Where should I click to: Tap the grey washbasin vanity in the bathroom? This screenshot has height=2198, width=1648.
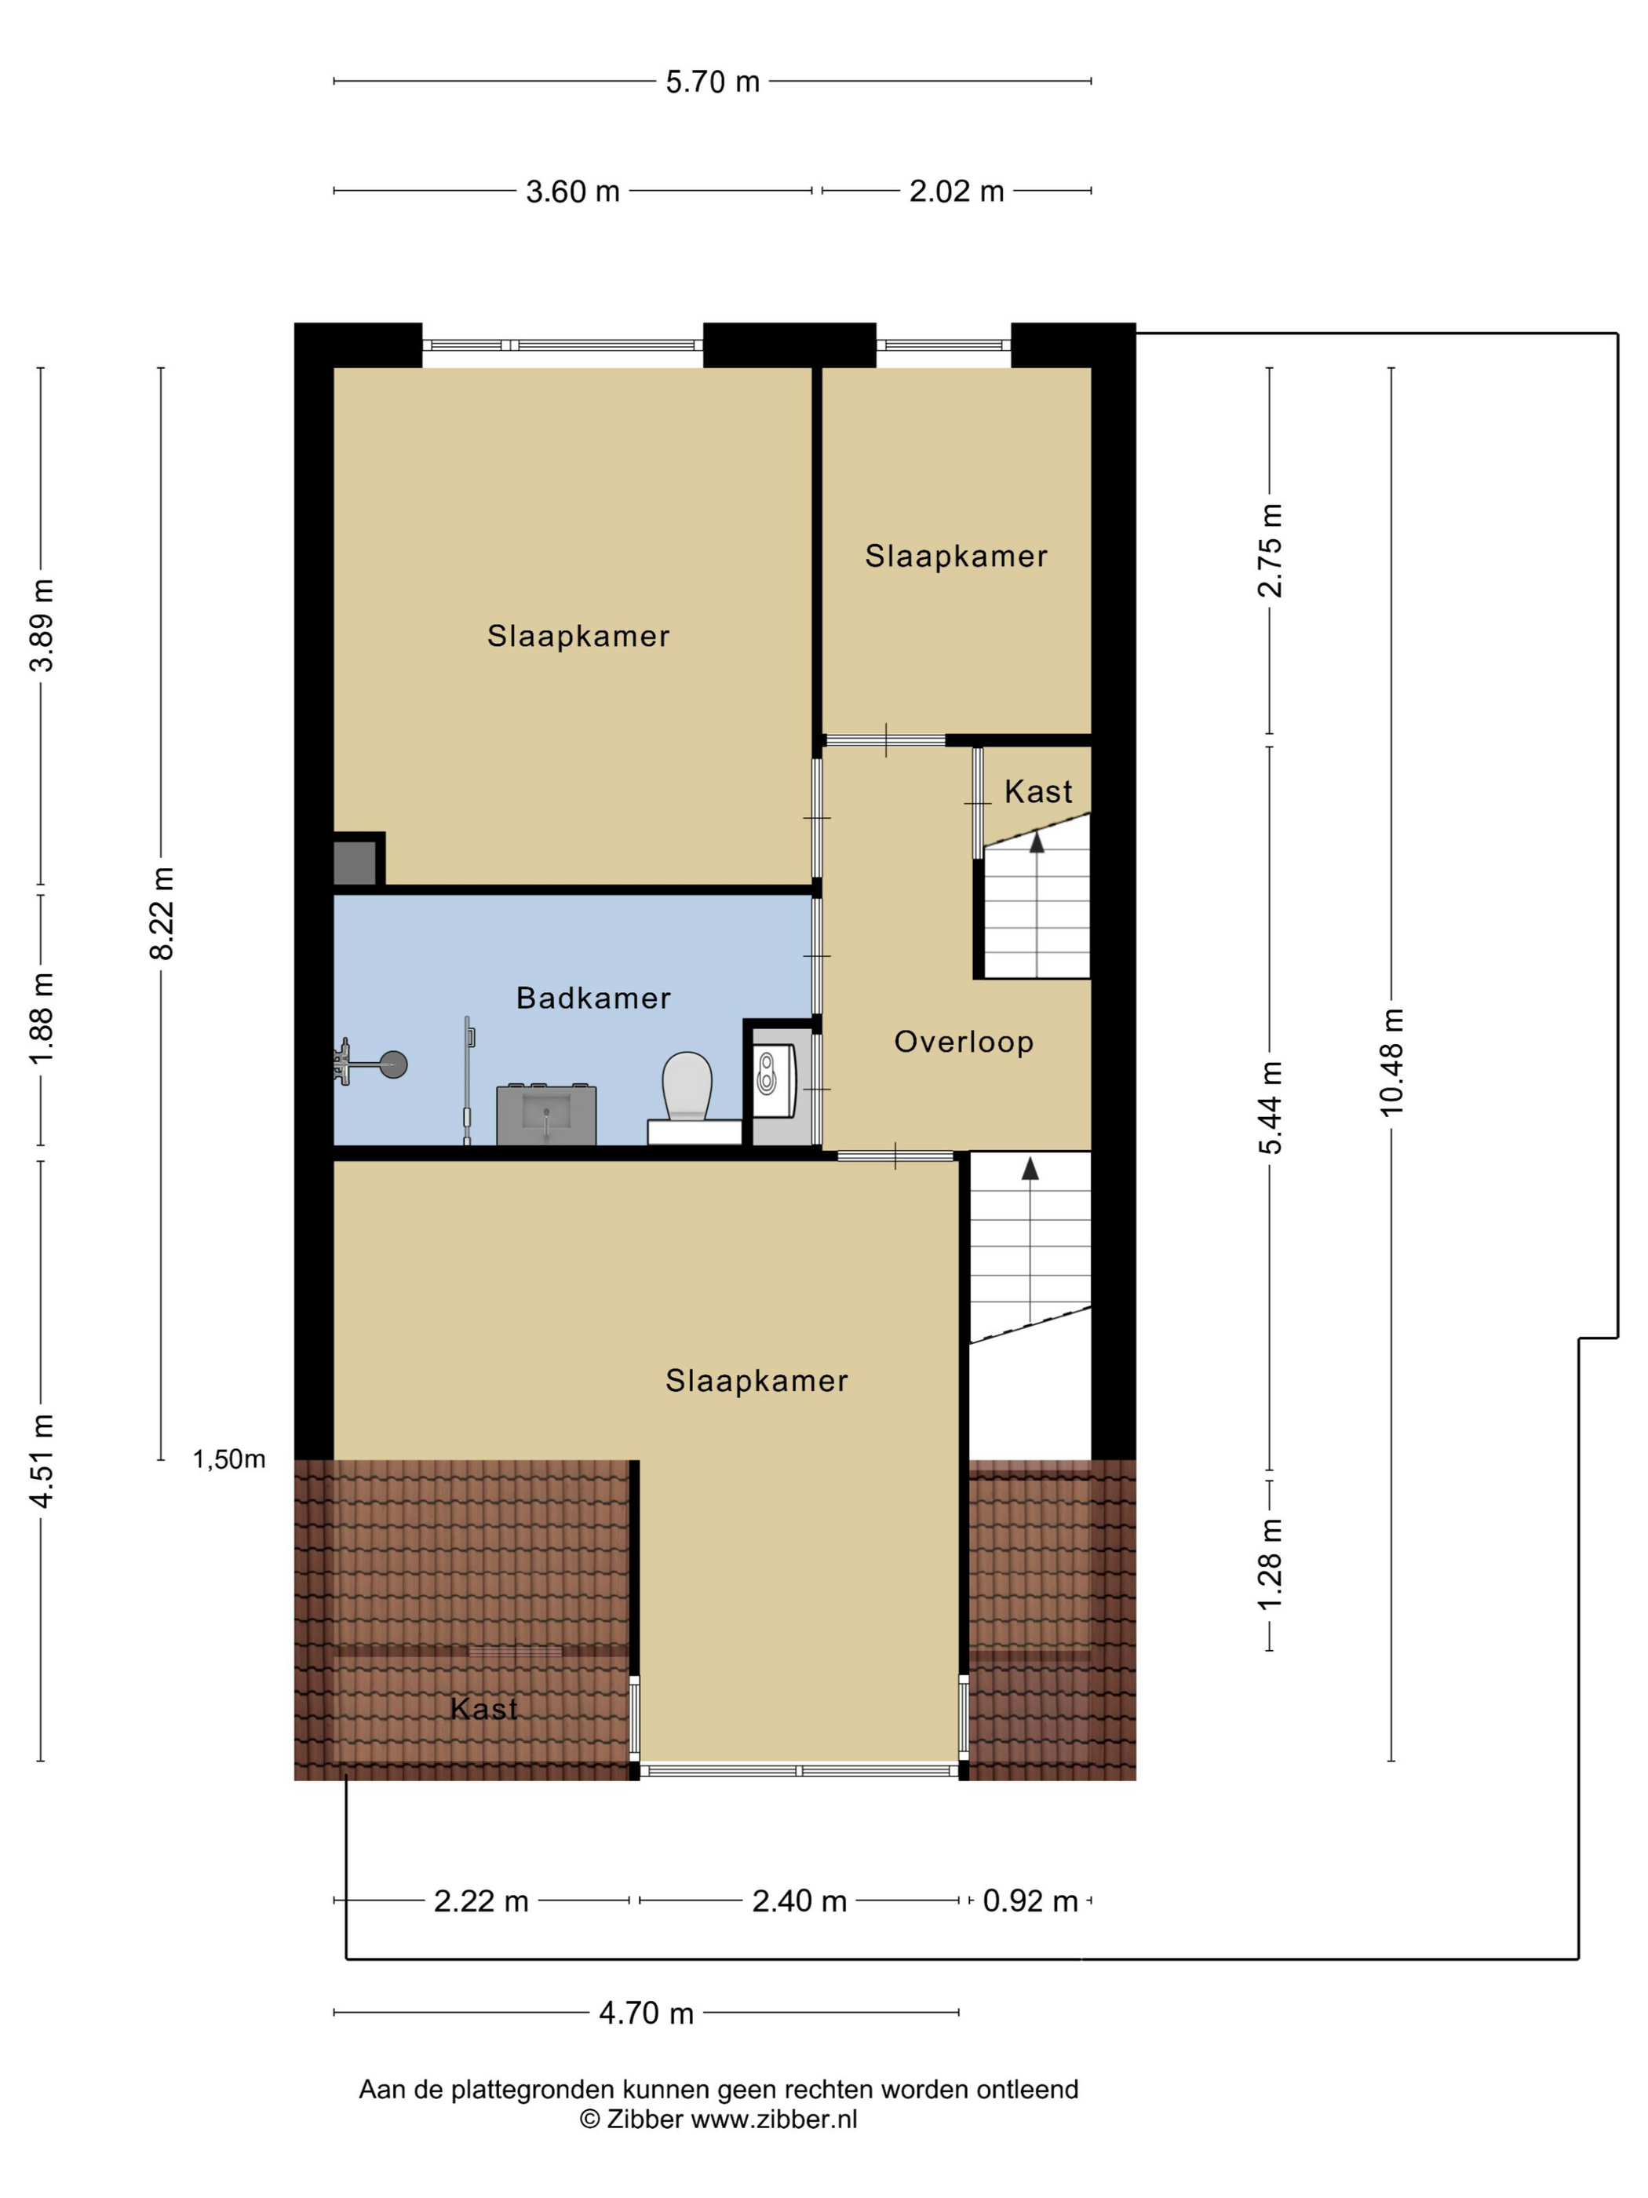(x=546, y=1114)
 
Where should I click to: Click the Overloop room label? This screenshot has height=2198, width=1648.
(x=964, y=1042)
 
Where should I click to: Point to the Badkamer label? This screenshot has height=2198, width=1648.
(x=593, y=998)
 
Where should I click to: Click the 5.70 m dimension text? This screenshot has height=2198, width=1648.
(x=713, y=82)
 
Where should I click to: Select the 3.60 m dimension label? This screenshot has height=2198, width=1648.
(x=572, y=191)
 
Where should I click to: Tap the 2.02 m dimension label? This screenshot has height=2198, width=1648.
(x=957, y=191)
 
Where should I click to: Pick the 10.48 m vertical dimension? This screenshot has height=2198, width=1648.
(x=1391, y=1062)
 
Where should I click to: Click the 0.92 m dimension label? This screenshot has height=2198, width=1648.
(x=1030, y=1901)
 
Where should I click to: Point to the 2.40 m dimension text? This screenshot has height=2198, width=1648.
(x=799, y=1901)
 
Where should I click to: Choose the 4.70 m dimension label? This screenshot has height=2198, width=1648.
(x=646, y=2014)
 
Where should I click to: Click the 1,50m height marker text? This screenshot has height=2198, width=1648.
(x=228, y=1459)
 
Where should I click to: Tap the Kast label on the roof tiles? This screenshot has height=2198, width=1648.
(x=483, y=1709)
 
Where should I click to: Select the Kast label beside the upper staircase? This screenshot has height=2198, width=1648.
(x=1038, y=791)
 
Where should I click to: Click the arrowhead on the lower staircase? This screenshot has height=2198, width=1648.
(x=1030, y=1169)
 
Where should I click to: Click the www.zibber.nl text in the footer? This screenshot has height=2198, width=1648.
(x=774, y=2119)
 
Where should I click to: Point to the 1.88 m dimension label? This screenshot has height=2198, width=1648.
(x=41, y=1018)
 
